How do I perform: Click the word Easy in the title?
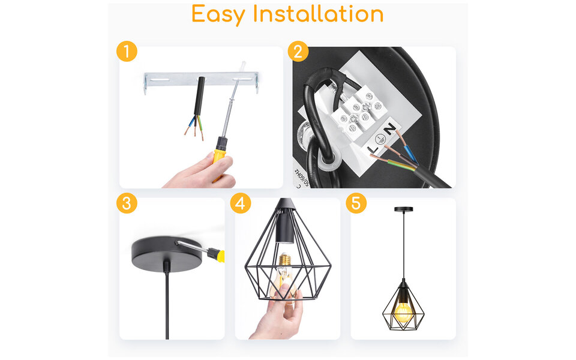(x=219, y=14)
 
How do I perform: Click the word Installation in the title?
(x=318, y=13)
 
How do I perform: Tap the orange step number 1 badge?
(x=127, y=51)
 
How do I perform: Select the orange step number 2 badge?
(x=298, y=51)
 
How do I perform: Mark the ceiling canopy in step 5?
(x=403, y=209)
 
